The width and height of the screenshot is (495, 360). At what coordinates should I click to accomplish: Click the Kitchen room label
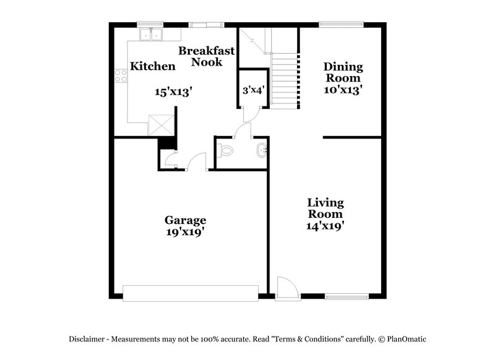click(x=152, y=66)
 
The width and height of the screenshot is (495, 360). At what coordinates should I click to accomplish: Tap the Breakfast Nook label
click(x=207, y=56)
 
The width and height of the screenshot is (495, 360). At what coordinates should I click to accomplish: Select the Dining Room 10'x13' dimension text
click(x=343, y=89)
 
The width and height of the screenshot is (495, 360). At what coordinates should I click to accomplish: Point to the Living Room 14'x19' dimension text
click(x=326, y=225)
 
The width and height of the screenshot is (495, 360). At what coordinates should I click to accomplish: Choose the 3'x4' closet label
click(x=254, y=90)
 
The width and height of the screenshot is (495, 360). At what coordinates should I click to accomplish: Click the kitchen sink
click(x=150, y=34)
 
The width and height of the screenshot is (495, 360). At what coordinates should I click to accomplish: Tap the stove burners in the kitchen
click(x=121, y=77)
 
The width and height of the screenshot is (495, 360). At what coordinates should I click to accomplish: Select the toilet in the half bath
click(x=226, y=149)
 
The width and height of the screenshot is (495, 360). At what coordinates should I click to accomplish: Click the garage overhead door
click(x=190, y=293)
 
